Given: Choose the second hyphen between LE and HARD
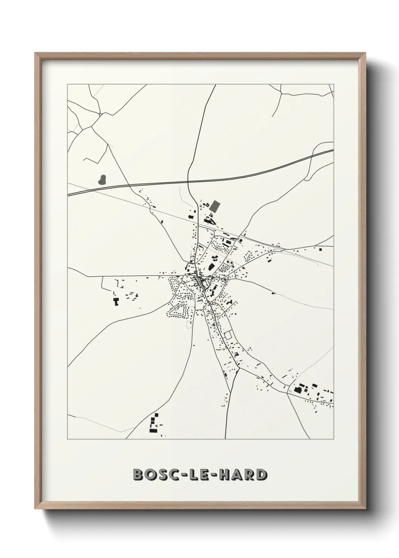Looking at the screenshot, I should click(x=213, y=475).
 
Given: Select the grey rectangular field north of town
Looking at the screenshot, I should click(x=215, y=206).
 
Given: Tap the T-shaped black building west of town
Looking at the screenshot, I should click(x=116, y=301).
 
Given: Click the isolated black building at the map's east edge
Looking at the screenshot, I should click(x=321, y=249).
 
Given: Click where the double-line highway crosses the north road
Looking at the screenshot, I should click(x=189, y=182).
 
